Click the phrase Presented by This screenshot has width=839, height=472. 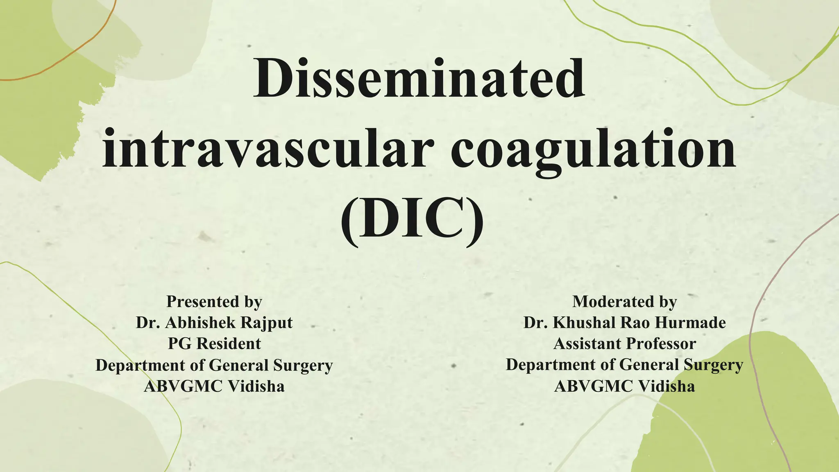pyautogui.click(x=214, y=302)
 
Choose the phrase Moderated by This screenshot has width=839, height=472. pyautogui.click(x=624, y=302)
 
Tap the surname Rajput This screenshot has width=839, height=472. pyautogui.click(x=266, y=323)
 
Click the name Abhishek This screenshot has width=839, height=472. pyautogui.click(x=200, y=322)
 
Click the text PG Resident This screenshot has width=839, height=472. pyautogui.click(x=214, y=344)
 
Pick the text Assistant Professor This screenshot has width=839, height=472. pyautogui.click(x=624, y=344)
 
